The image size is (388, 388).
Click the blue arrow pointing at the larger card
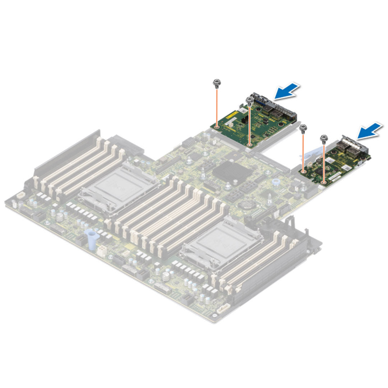[287, 91]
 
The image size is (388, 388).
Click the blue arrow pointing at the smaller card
[369, 130]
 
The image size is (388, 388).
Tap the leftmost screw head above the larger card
[217, 83]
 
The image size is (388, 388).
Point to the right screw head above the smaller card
[324, 137]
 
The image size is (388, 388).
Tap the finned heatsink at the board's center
[228, 172]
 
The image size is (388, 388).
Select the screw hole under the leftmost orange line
[217, 126]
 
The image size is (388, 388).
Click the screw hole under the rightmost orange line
[324, 182]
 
